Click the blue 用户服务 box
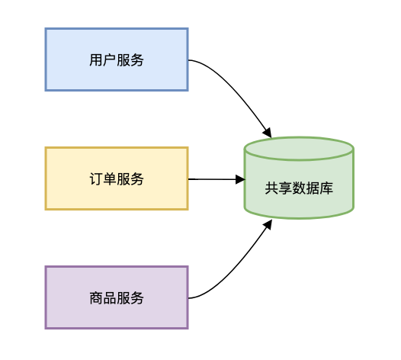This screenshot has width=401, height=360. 117,59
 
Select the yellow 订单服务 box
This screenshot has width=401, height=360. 117,178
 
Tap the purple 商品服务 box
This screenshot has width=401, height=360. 117,297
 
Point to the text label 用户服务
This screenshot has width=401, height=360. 117,60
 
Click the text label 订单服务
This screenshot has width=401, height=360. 117,178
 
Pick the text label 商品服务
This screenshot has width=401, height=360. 117,298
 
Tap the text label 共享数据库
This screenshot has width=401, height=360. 299,188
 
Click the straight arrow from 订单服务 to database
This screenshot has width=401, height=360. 217,179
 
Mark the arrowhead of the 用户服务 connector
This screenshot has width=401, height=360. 268,133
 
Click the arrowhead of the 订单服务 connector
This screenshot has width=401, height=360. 240,179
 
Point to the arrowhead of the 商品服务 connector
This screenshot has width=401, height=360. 268,225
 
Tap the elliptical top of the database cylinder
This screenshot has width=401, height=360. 299,149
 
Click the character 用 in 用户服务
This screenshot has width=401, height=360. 96,60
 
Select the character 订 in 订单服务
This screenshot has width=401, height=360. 96,178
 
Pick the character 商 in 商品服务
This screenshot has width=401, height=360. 96,298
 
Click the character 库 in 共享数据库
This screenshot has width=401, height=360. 326,188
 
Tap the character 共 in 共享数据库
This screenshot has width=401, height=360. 271,188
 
